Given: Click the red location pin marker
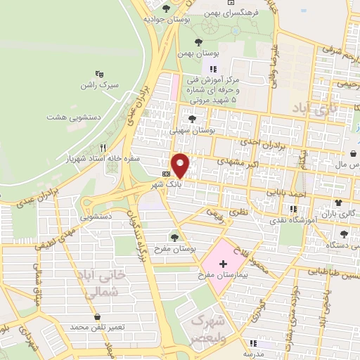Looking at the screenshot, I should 181,165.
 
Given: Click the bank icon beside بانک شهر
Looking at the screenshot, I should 166,172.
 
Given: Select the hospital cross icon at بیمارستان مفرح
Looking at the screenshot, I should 223,264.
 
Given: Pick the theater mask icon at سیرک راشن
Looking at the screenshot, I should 98,72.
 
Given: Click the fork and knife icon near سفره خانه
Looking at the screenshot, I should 103,148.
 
